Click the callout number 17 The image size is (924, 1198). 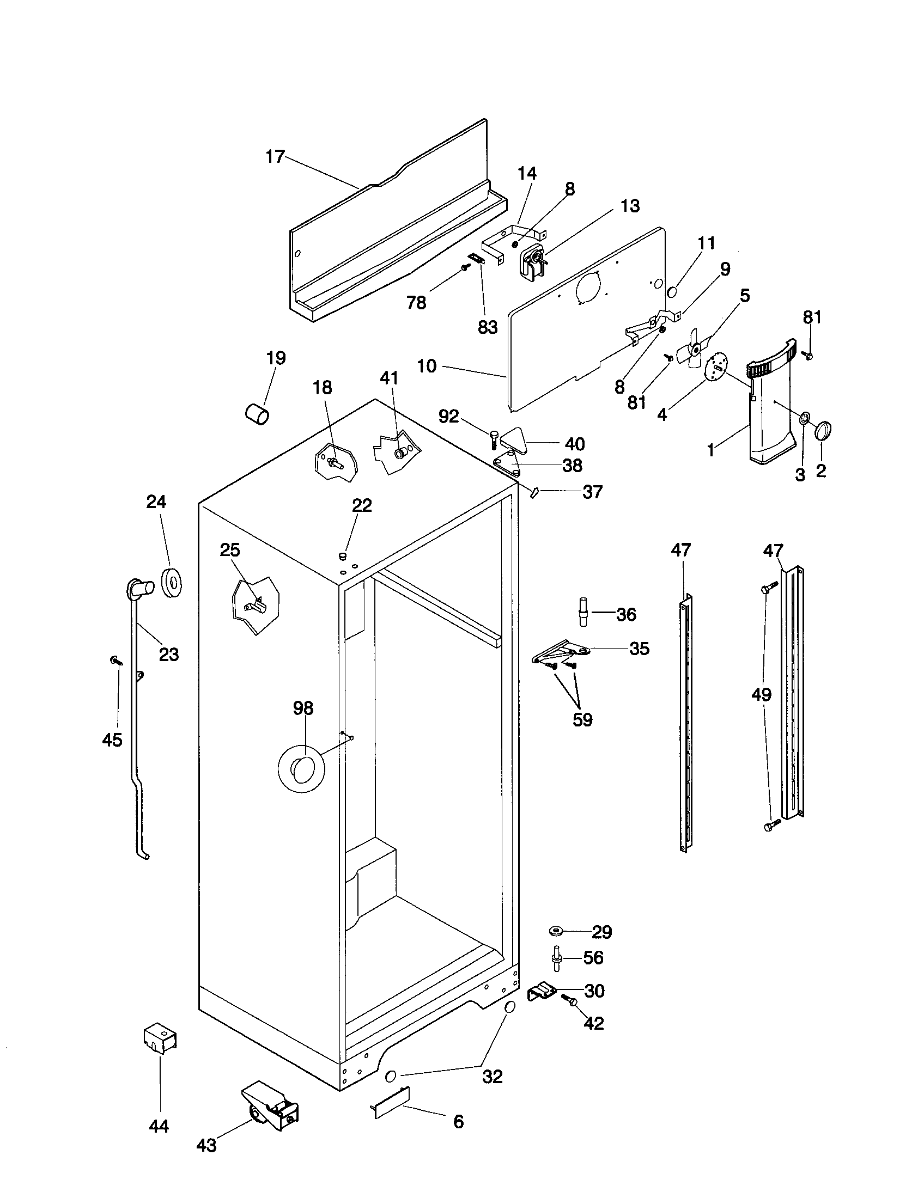pos(275,157)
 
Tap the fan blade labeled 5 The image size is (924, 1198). pos(693,349)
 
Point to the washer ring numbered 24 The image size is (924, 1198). pos(172,583)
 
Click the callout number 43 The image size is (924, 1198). pos(206,1146)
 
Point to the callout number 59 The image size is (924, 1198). pos(582,720)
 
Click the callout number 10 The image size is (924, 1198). pos(427,366)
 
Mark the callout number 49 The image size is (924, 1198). pos(761,694)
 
